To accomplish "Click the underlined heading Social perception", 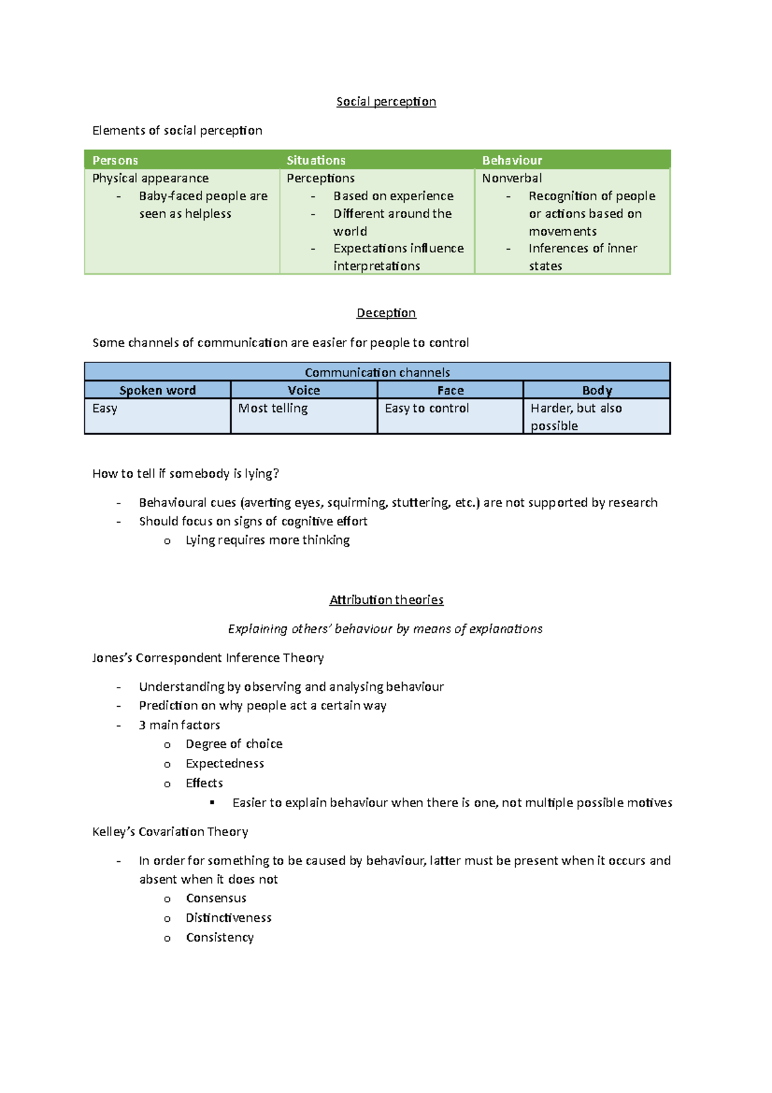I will (386, 102).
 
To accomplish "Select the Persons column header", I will (115, 160).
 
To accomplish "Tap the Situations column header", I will (316, 160).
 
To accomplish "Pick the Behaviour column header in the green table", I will (512, 160).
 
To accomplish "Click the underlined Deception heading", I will (386, 313).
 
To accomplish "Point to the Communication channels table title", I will (377, 372).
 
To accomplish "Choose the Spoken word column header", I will (158, 390).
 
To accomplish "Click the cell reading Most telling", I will (273, 408).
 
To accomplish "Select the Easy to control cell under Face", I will (427, 408).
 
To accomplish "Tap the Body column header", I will (597, 390).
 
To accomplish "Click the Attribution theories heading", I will (386, 600).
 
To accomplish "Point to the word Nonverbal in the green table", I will (512, 178).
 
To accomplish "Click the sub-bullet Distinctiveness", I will (228, 918).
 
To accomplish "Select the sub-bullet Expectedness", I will (225, 763).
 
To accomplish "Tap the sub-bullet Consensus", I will (216, 898).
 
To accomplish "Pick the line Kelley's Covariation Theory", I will (170, 832).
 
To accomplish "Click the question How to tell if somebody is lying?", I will (185, 474).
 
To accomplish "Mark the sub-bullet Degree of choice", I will (234, 744).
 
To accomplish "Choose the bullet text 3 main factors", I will (179, 725).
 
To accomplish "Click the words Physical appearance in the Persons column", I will (151, 178).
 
